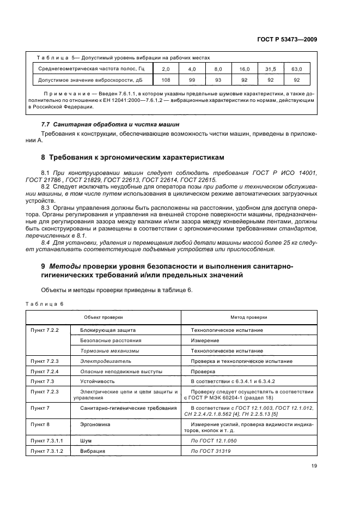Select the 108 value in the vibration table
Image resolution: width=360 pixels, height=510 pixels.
point(166,80)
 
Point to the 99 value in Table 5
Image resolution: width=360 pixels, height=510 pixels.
point(192,80)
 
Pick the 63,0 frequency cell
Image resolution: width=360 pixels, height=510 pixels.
point(297,69)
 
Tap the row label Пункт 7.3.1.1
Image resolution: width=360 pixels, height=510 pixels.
point(47,440)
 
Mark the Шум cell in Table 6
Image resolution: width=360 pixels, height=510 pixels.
point(87,440)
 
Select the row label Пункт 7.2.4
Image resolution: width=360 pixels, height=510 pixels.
point(45,372)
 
